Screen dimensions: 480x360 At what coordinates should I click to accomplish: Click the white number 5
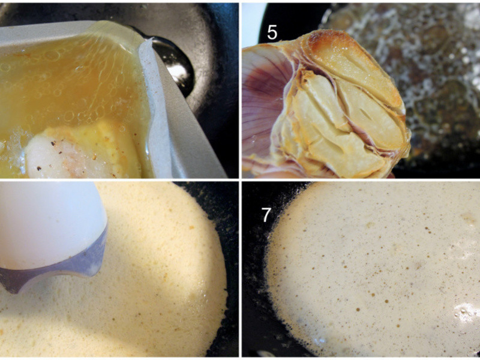272,33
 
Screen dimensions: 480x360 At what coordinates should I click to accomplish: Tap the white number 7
266,215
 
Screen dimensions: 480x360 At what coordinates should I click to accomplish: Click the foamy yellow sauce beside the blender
147,275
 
